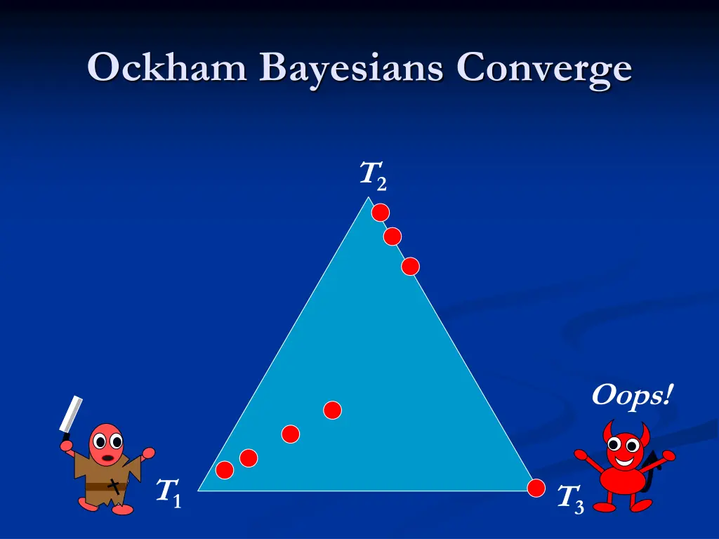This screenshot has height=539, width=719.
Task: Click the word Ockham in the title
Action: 167,69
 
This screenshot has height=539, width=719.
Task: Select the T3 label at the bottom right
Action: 569,498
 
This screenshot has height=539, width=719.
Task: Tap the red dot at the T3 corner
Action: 536,488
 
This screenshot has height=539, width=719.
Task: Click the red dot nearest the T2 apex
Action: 380,213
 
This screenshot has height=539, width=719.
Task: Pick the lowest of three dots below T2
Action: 410,266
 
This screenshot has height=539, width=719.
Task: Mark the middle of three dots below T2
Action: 393,237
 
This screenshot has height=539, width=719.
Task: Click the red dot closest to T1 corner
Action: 225,470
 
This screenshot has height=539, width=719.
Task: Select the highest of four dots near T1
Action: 332,410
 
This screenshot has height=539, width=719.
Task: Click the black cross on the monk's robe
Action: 114,484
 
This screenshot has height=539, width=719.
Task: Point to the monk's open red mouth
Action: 107,458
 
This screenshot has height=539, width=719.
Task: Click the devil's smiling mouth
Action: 622,461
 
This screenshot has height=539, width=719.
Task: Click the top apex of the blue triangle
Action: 367,198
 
